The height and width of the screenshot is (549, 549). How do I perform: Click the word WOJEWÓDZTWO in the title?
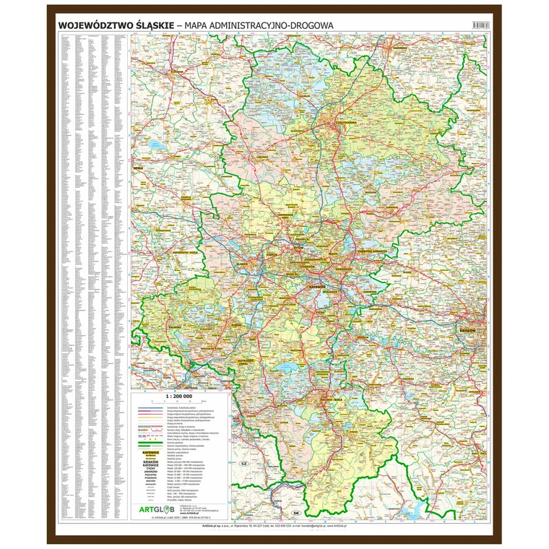(x=94, y=25)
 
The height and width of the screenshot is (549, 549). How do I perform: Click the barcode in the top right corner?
(x=480, y=25)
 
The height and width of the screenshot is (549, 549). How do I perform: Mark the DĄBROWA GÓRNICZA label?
(x=358, y=251)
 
